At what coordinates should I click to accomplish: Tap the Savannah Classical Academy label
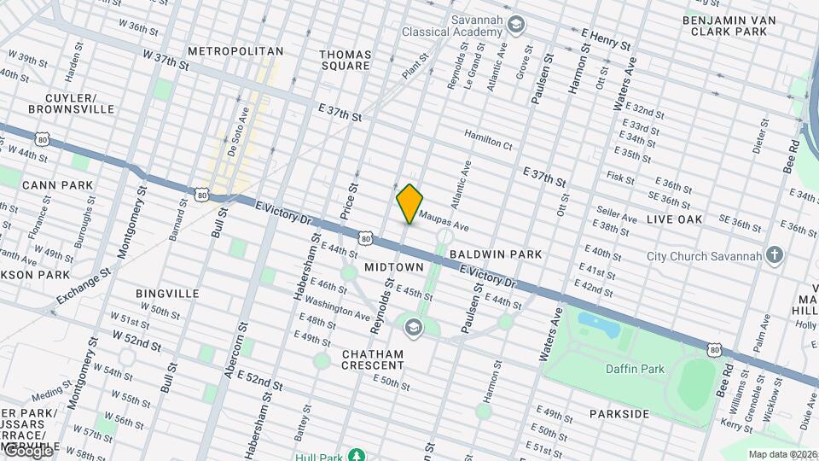tap(453, 26)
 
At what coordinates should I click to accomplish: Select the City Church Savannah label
tap(704, 255)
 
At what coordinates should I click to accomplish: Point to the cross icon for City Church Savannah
tap(774, 254)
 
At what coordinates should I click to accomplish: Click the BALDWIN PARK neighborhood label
tap(496, 254)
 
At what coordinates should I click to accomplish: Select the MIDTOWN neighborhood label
tap(394, 267)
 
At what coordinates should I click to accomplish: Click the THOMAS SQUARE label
tap(346, 59)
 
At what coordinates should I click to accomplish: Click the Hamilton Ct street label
tap(488, 139)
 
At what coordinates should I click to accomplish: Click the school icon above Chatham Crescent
tap(413, 328)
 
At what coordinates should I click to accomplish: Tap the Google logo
tap(27, 450)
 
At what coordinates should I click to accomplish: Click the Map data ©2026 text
tap(781, 454)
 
